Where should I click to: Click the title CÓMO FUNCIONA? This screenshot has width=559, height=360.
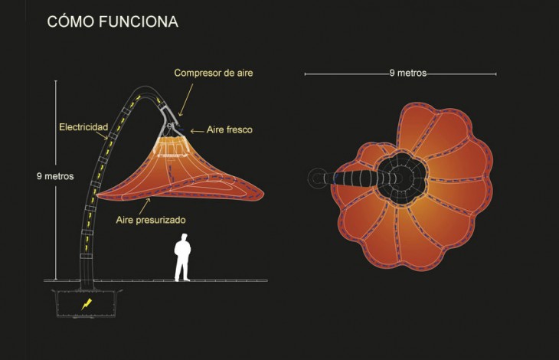pos(113,21)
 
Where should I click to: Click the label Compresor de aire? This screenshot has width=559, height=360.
pos(213,73)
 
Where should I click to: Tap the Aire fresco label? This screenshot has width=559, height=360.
pos(229,129)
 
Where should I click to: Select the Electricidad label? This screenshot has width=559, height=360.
pos(83,127)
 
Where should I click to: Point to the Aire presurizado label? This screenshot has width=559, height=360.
pos(150,220)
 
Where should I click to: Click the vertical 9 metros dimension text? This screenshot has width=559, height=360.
pos(55,176)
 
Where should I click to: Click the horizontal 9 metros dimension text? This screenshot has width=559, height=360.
pos(408,73)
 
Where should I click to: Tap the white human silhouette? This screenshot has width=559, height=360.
pos(182,257)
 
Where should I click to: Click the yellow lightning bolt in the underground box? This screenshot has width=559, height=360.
pos(86,304)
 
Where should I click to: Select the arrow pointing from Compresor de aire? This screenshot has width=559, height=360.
pos(186,100)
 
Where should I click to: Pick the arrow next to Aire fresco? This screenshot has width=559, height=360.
pos(197,131)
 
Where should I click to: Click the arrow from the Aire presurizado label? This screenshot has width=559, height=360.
pos(145,206)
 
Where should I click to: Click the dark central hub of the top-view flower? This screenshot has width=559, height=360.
pos(402,178)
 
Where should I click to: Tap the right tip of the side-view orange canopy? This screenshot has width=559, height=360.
pos(263,195)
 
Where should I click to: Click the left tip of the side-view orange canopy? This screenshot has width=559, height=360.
pos(98,195)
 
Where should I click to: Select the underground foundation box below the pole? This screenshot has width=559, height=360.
pos(87,303)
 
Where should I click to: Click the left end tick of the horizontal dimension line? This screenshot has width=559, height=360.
pos(306,74)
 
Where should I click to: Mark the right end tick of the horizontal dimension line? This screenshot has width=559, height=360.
pos(495,74)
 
